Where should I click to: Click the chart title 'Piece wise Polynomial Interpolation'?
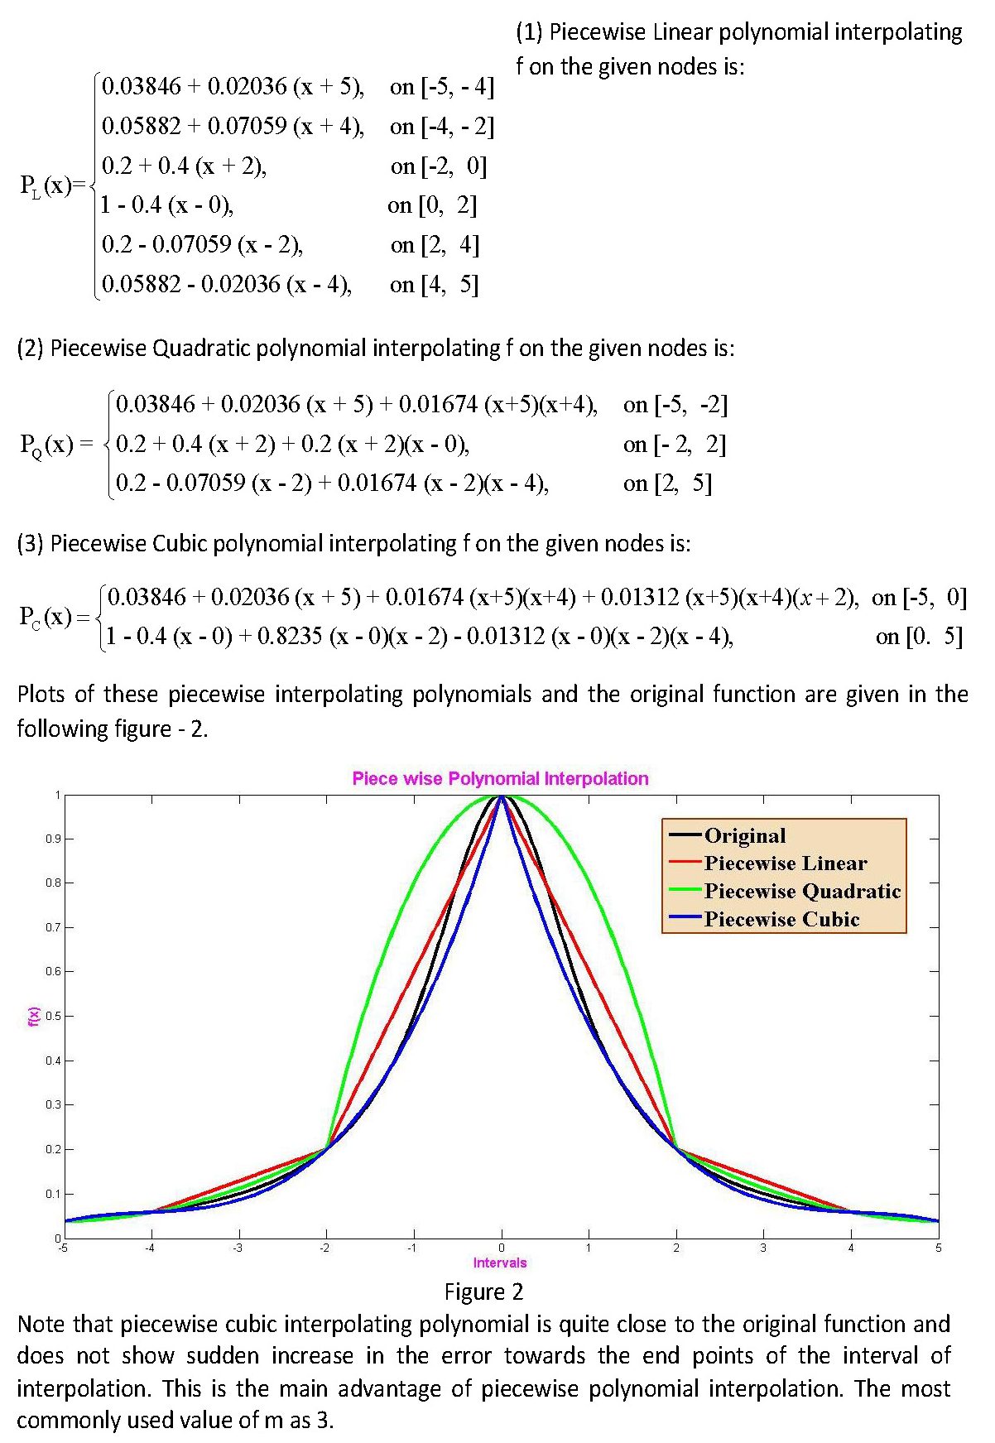coord(500,778)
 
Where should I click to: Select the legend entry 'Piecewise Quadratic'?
coord(801,891)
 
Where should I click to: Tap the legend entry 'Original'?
coord(744,835)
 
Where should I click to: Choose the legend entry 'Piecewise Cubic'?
coord(781,919)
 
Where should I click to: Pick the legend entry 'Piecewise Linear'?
coord(785,863)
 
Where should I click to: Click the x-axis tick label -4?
coord(150,1248)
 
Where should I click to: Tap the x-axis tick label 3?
coord(763,1248)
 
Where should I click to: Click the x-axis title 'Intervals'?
coord(500,1263)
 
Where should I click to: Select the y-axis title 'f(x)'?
coord(33,1016)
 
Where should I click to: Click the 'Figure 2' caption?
coord(483,1291)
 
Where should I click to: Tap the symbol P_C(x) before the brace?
coord(46,617)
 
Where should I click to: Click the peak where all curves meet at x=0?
coord(501,796)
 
